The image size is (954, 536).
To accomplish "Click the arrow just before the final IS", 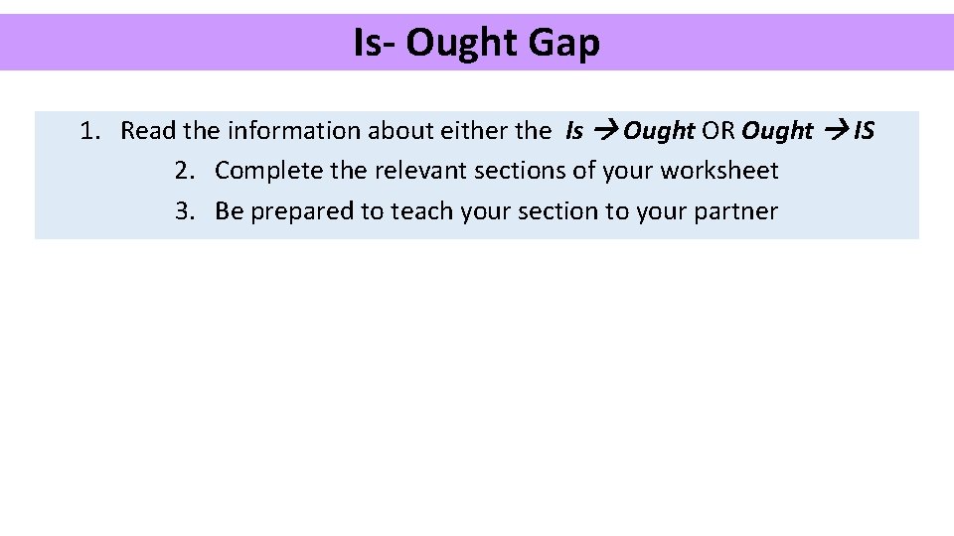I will (835, 131).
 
